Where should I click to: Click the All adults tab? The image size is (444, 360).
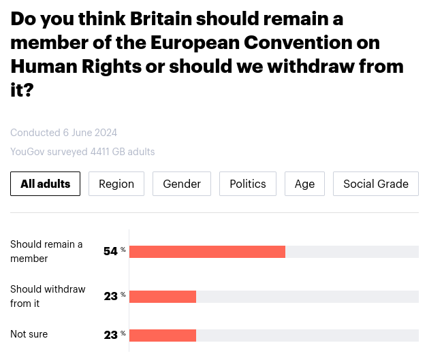pyautogui.click(x=46, y=184)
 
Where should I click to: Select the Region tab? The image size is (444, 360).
pyautogui.click(x=116, y=184)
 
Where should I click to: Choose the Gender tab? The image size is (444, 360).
pyautogui.click(x=182, y=184)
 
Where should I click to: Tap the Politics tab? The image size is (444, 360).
pyautogui.click(x=248, y=184)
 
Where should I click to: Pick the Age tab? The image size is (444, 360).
pyautogui.click(x=304, y=184)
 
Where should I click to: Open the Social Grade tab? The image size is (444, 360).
pyautogui.click(x=376, y=184)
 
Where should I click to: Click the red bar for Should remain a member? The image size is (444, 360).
pyautogui.click(x=207, y=252)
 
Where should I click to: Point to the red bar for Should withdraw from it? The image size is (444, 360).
pyautogui.click(x=163, y=297)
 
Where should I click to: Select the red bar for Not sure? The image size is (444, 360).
pyautogui.click(x=163, y=335)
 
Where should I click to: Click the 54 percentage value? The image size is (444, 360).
pyautogui.click(x=111, y=252)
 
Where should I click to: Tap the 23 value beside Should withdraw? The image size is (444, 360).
pyautogui.click(x=111, y=297)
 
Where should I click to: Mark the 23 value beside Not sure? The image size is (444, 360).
pyautogui.click(x=111, y=335)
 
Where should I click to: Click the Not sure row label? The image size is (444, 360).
pyautogui.click(x=29, y=334)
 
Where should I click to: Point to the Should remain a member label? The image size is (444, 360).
pyautogui.click(x=46, y=251)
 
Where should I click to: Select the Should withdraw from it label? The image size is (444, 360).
pyautogui.click(x=48, y=296)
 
